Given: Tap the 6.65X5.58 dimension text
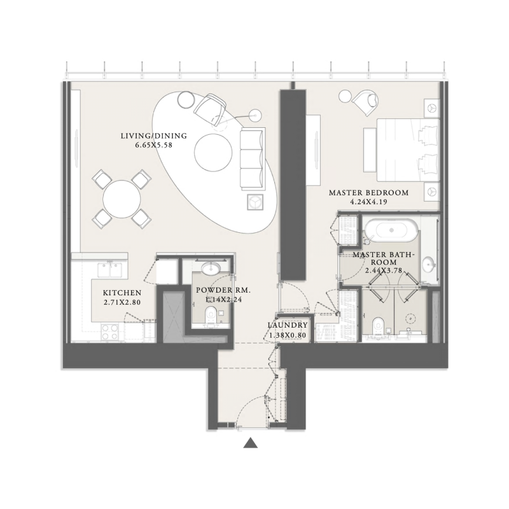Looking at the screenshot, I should coord(153,145).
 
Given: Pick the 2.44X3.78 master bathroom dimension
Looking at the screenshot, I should coord(384,270).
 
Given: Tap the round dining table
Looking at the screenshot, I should coord(122,199).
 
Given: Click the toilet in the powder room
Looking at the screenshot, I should coord(212,314).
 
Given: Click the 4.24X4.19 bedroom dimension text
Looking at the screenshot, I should coord(368,202).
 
